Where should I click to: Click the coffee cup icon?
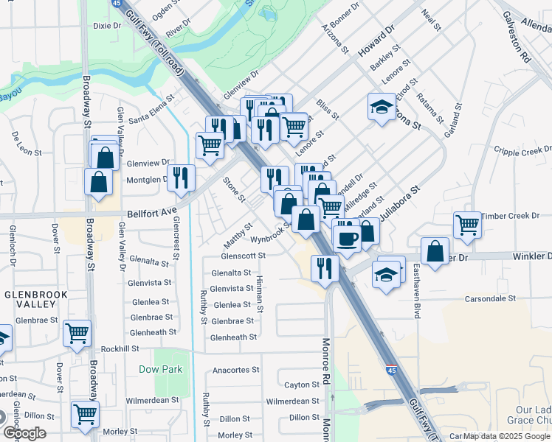(347, 238)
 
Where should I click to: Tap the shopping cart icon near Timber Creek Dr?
(468, 225)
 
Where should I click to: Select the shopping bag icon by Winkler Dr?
(435, 250)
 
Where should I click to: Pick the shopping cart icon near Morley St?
(86, 414)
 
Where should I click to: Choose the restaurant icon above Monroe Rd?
(325, 268)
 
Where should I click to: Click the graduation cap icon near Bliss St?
(382, 108)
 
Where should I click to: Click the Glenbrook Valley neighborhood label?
(30, 299)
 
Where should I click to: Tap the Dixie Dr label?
(106, 26)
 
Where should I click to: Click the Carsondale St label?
(490, 298)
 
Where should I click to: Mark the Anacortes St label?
(235, 370)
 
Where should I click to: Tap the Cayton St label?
(302, 385)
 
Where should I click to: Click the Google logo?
(24, 433)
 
